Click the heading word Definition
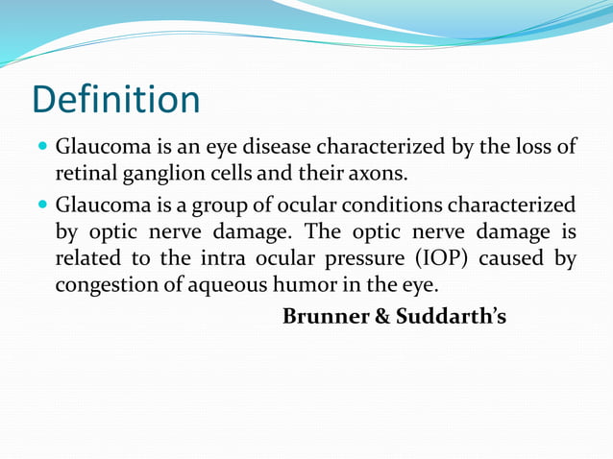pos(116,100)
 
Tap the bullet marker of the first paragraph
pos(41,150)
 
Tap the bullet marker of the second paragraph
pos(41,205)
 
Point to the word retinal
pos(84,175)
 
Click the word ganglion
pos(159,175)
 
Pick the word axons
pos(380,175)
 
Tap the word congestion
pos(105,285)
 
